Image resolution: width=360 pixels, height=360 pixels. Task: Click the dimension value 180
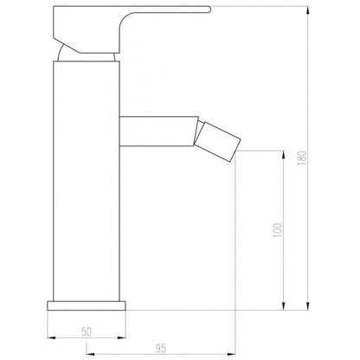(x=302, y=157)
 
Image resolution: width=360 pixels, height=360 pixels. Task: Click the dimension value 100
(x=277, y=230)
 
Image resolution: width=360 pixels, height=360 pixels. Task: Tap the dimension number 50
(x=87, y=331)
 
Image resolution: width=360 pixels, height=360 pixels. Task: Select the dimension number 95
(x=161, y=349)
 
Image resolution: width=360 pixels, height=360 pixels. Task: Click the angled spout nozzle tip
(x=217, y=142)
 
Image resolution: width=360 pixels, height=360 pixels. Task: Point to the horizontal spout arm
(x=158, y=132)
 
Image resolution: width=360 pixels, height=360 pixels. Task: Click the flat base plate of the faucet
(x=87, y=305)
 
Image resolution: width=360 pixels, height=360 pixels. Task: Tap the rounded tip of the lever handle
(x=209, y=10)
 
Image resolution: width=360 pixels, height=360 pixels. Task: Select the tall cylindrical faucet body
(x=87, y=181)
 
